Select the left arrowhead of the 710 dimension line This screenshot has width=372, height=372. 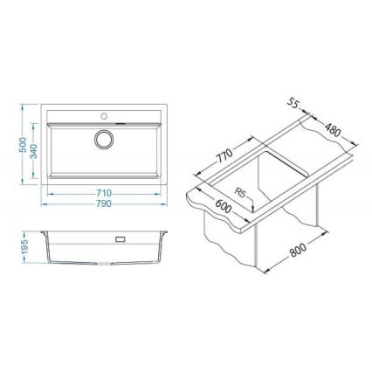click(x=48, y=187)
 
